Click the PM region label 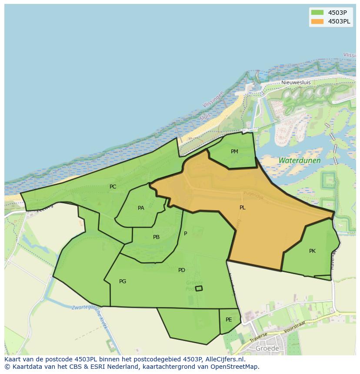pos(234,152)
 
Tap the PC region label pos(113,187)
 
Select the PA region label pos(141,208)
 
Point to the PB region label pos(156,237)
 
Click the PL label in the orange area pos(242,208)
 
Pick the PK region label pos(312,251)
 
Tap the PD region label pos(182,270)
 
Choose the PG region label pos(123,281)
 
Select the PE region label pos(229,320)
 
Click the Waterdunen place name pos(300,160)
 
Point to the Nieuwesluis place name pos(296,82)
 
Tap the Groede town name pos(267,348)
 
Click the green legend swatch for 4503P pos(317,12)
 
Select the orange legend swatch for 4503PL pos(317,21)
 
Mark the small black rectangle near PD pos(199,288)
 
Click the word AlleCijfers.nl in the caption pos(224,359)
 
